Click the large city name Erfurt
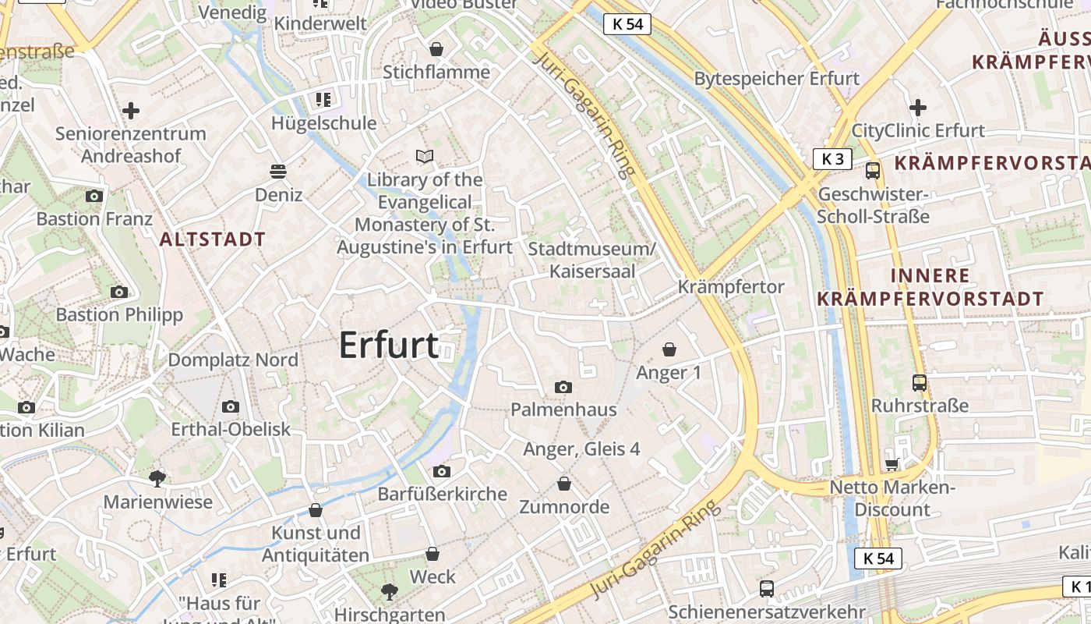coord(389,345)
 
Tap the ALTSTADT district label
coord(213,239)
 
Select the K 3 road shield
coord(832,159)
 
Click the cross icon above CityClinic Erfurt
coord(918,108)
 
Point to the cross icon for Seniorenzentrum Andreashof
coord(131,111)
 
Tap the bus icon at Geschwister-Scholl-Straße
coord(873,171)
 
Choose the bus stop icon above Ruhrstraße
coord(920,383)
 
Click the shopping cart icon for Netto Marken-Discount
coord(892,465)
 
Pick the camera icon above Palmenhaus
coord(563,387)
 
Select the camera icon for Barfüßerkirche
coord(442,471)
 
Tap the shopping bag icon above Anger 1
coord(669,349)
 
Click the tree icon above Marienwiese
coord(157,478)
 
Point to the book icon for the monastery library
coord(425,157)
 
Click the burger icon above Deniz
coord(278,171)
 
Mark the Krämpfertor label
coord(730,287)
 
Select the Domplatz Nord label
coord(233,360)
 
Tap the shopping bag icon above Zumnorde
coord(564,484)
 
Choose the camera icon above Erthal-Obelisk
coord(230,406)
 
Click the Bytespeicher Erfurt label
coord(776,79)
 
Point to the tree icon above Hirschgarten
coord(389,591)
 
